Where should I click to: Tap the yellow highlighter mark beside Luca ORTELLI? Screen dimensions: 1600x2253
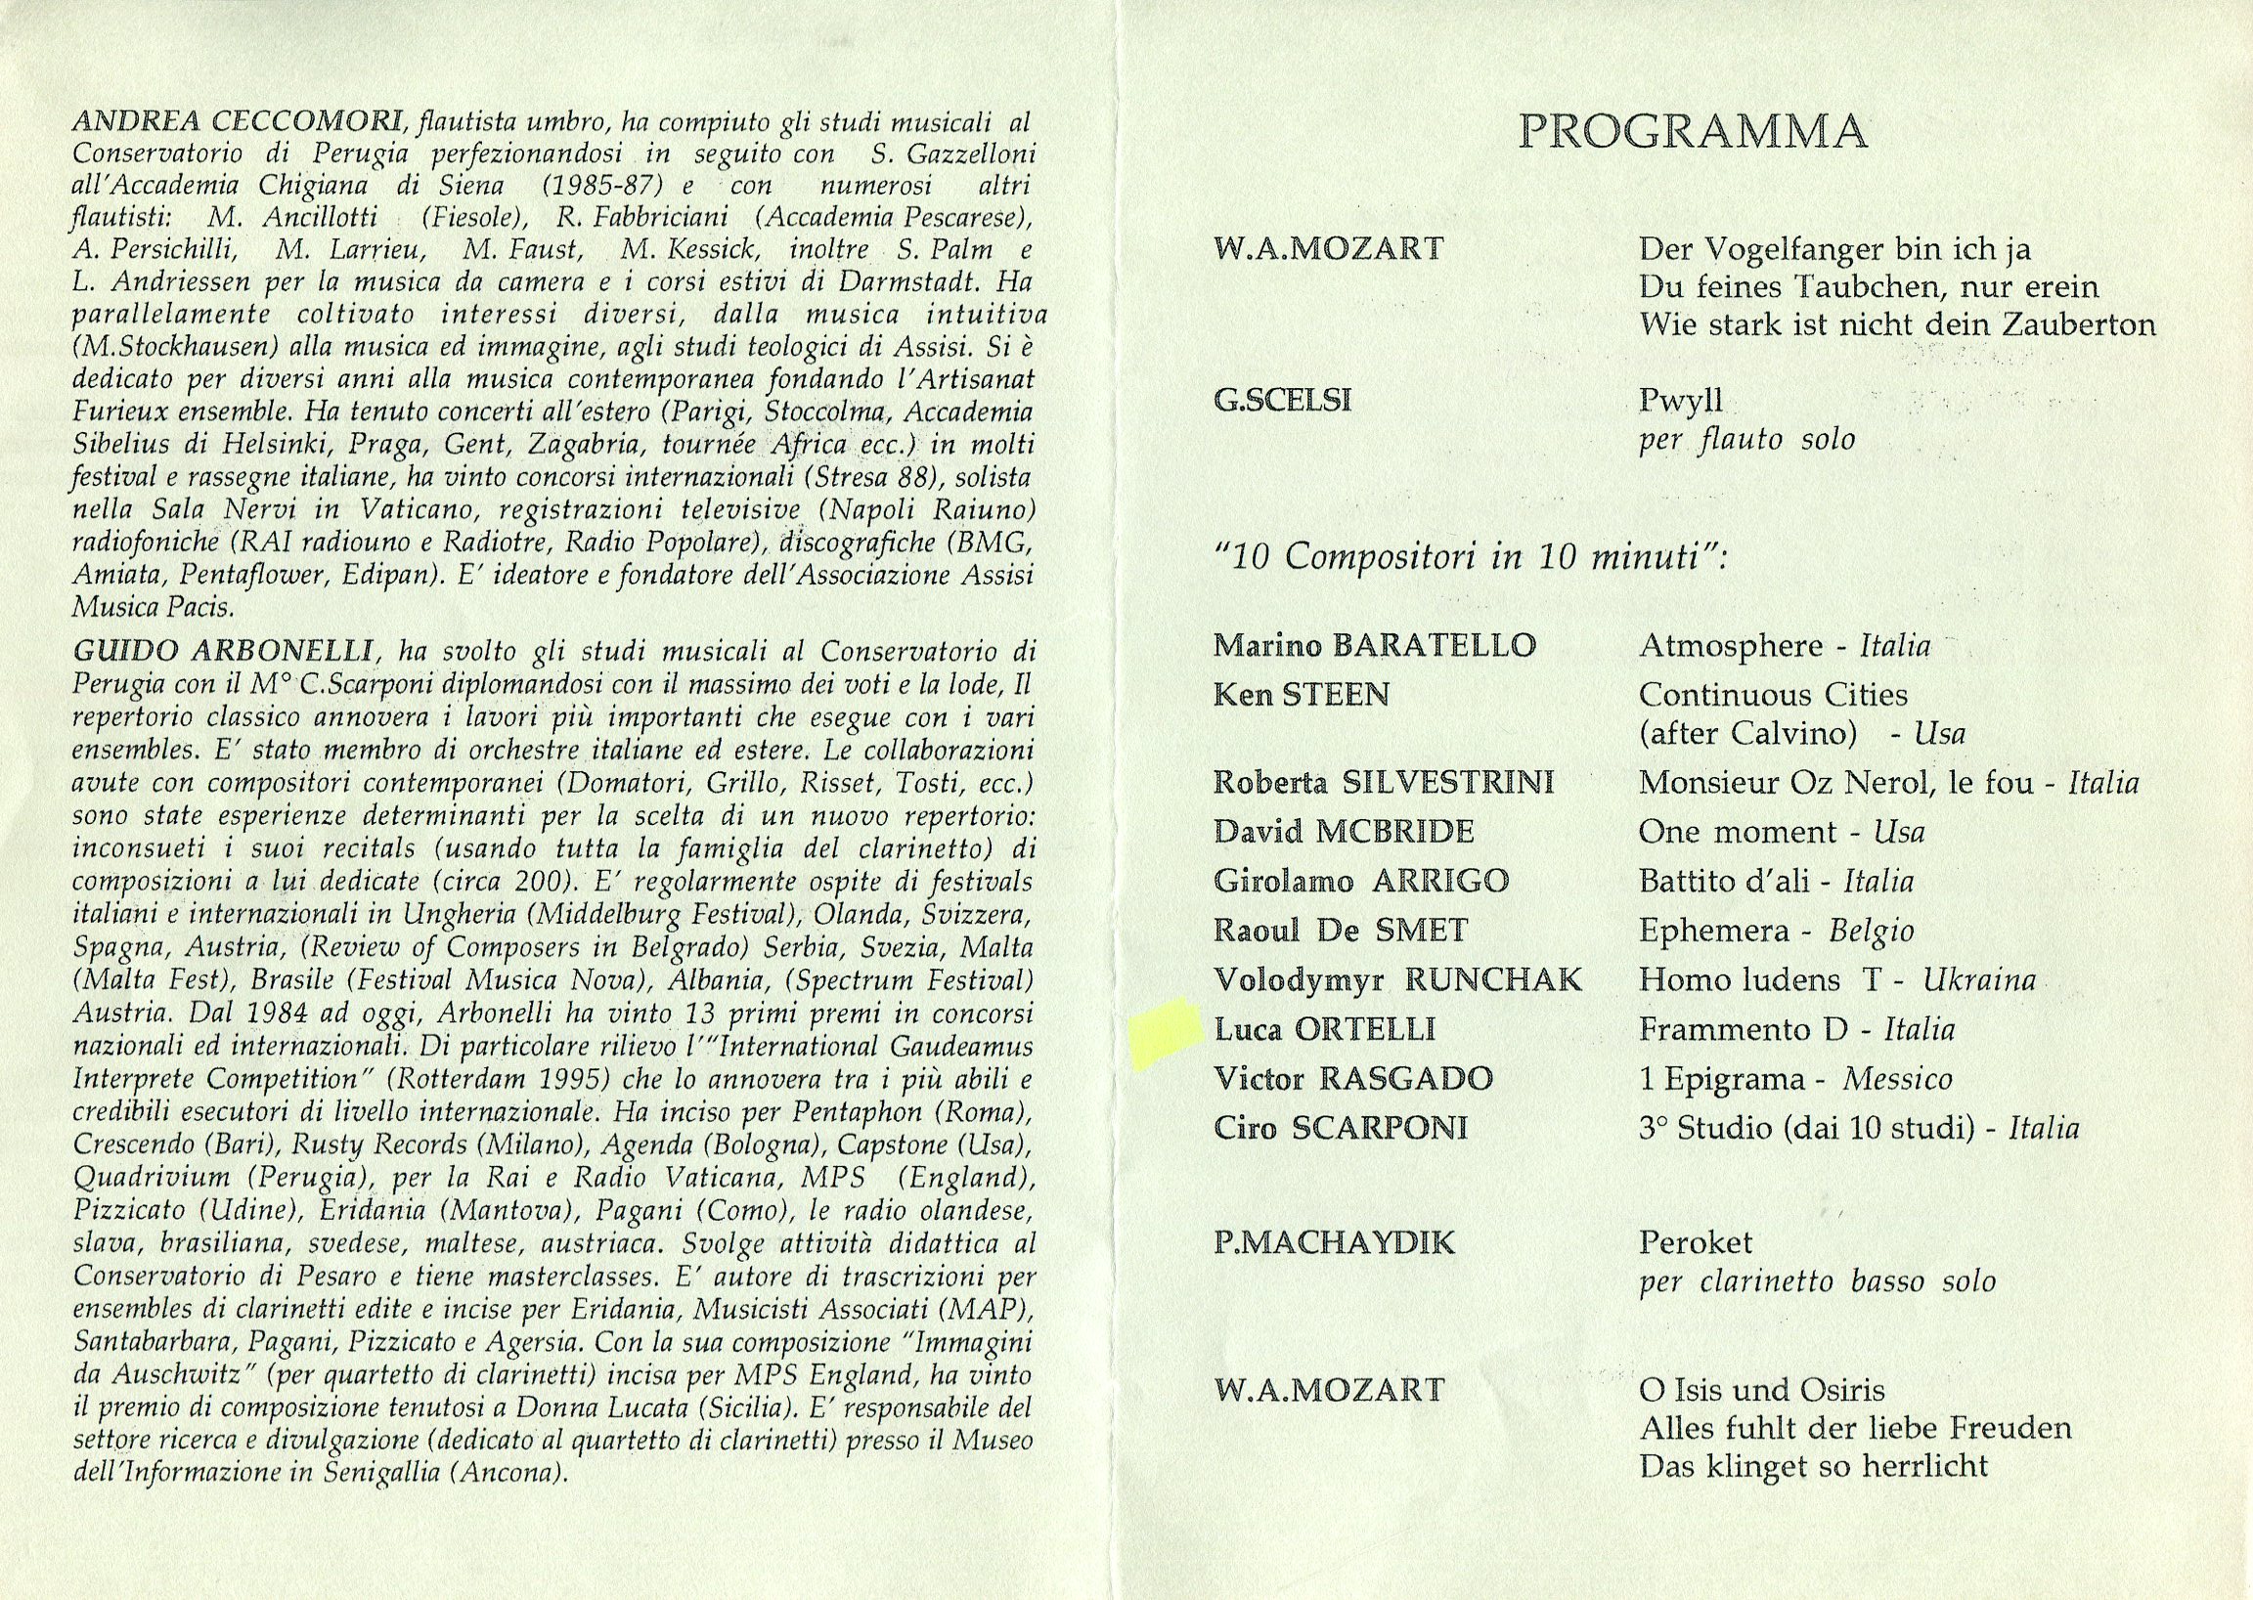tap(1167, 1033)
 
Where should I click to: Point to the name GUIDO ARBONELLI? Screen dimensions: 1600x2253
tap(221, 652)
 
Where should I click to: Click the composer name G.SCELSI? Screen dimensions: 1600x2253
tap(1282, 401)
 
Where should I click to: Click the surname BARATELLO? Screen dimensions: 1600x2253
tap(1433, 646)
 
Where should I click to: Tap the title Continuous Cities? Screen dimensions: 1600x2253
tap(1773, 696)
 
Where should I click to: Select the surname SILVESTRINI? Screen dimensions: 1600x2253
tap(1448, 783)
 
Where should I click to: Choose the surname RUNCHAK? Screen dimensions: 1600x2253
tap(1492, 980)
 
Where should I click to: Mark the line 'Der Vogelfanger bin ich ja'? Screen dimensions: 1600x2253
tap(1835, 250)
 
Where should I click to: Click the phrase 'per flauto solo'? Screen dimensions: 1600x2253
tap(1746, 440)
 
